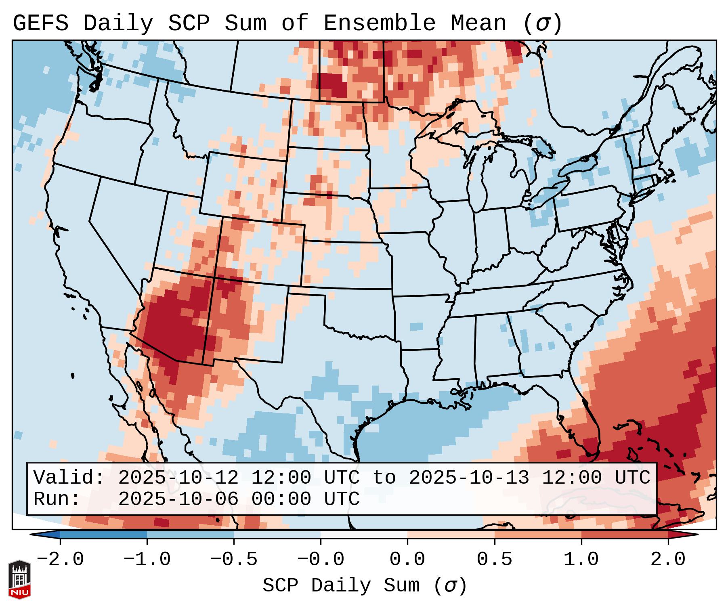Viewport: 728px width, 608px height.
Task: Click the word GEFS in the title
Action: pyautogui.click(x=41, y=23)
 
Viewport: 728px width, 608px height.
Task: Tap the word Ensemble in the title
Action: pyautogui.click(x=380, y=23)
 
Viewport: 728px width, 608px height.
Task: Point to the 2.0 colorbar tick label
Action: pyautogui.click(x=668, y=560)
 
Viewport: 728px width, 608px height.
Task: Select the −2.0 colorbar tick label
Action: pyautogui.click(x=60, y=560)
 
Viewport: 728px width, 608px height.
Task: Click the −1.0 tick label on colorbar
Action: pyautogui.click(x=147, y=560)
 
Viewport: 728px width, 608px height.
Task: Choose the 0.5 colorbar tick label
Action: pyautogui.click(x=494, y=560)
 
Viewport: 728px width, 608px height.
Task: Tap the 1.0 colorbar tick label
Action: pyautogui.click(x=581, y=560)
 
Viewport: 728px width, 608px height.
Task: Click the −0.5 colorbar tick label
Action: pyautogui.click(x=234, y=560)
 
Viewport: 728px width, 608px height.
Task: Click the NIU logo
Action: pyautogui.click(x=19, y=579)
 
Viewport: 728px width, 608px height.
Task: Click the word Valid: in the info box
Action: pyautogui.click(x=69, y=478)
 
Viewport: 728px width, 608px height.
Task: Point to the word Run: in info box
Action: pyautogui.click(x=57, y=499)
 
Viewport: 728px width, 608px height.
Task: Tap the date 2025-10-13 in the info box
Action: pyautogui.click(x=469, y=478)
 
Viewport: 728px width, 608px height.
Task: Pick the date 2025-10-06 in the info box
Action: pyautogui.click(x=178, y=499)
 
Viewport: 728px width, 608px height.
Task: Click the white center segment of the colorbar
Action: pyautogui.click(x=364, y=535)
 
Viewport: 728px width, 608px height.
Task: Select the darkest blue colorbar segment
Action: pyautogui.click(x=103, y=535)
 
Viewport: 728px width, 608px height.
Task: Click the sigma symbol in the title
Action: pyautogui.click(x=542, y=23)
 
